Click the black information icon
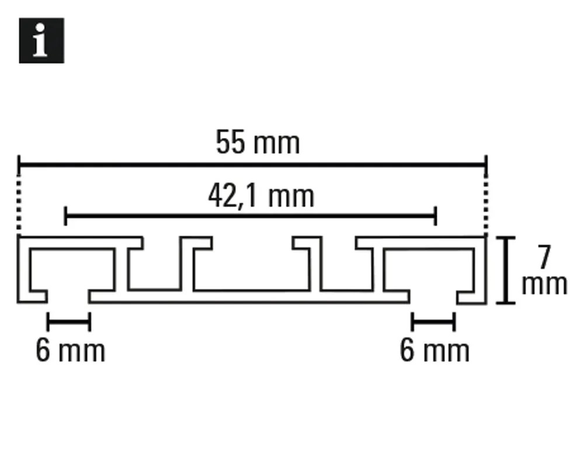41,40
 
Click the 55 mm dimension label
258,142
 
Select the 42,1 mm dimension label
261,196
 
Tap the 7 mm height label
544,270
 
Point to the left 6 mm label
71,350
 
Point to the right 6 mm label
434,350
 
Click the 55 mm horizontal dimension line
252,164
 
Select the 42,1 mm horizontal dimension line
251,216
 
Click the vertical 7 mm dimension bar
506,270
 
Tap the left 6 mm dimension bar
69,322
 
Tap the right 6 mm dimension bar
433,322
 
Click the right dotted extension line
486,205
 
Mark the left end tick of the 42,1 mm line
65,216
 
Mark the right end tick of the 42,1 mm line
436,216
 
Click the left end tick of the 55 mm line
19,164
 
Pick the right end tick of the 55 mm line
486,164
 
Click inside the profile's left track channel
71,270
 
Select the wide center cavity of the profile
252,268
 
